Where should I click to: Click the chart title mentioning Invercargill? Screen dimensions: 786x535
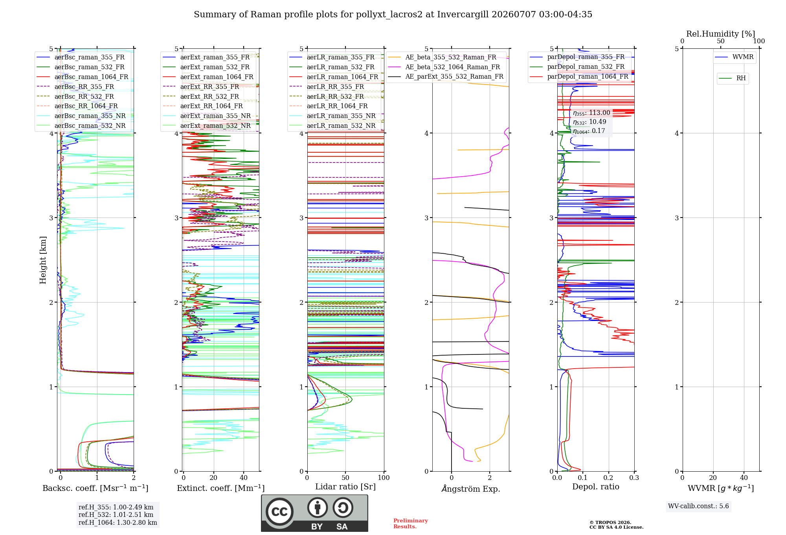tap(393, 15)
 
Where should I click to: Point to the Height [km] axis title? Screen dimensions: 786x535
tap(43, 260)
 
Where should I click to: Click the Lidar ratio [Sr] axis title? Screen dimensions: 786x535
tap(345, 487)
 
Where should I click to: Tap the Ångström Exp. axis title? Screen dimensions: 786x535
tap(471, 489)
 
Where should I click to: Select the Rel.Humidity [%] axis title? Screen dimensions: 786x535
tap(721, 34)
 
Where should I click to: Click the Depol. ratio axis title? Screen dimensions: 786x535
tap(596, 487)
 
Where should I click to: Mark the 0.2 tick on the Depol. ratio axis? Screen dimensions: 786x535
tap(608, 478)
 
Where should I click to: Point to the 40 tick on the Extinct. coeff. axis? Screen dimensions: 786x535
tap(244, 478)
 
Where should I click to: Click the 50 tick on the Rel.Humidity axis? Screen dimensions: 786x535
tap(721, 41)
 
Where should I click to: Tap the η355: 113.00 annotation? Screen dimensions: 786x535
tap(591, 113)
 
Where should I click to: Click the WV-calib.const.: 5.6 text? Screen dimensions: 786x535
tap(698, 506)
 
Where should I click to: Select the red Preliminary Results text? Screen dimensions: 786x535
tap(411, 524)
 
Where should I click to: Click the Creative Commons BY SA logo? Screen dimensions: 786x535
tap(314, 513)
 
